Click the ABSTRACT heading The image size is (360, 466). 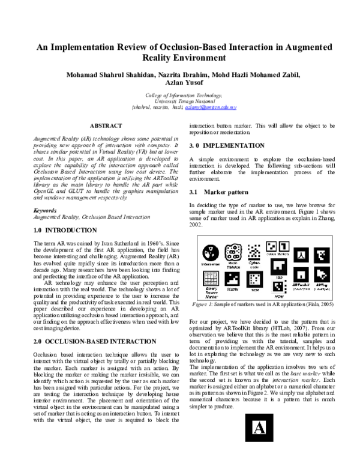click(x=106, y=126)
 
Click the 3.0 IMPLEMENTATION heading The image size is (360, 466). click(x=227, y=146)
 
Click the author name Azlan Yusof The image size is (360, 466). click(x=180, y=84)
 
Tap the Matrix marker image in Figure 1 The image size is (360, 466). click(x=232, y=280)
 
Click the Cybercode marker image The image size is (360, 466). click(x=254, y=250)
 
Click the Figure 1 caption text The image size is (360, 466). click(x=262, y=305)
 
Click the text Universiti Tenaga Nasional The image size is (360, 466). click(x=179, y=101)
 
